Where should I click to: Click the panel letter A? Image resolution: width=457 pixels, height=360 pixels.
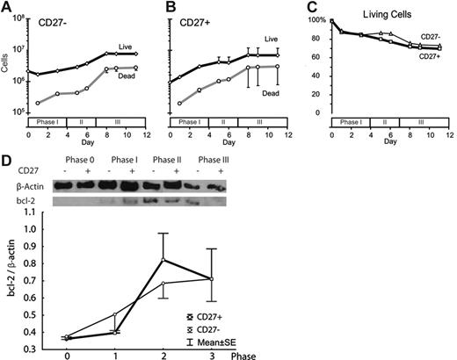click(6, 7)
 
